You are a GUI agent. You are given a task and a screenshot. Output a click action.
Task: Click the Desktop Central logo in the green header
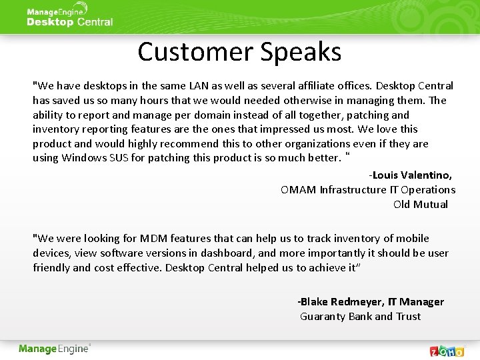[69, 17]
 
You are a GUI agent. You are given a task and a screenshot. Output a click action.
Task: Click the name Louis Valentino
[411, 175]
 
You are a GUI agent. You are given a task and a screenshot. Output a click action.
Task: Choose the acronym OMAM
[298, 190]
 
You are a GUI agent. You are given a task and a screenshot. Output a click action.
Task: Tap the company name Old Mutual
[420, 205]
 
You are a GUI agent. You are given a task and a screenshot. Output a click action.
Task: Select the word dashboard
[231, 253]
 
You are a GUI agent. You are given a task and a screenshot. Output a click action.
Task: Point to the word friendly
[51, 268]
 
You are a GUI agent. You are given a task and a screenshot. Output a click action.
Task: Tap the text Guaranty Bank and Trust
[360, 317]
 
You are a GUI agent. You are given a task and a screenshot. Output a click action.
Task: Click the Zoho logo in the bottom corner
[447, 350]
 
